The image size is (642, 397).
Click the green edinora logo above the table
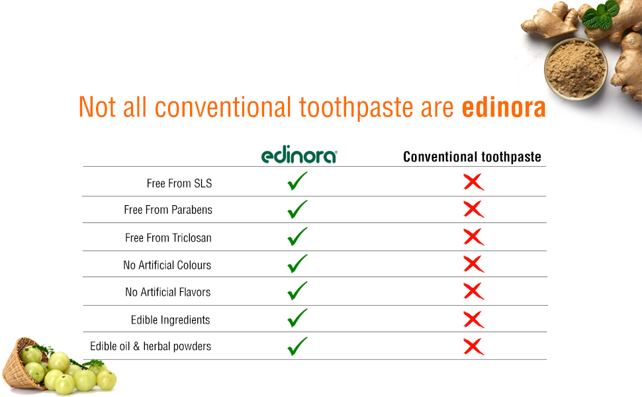pos(299,154)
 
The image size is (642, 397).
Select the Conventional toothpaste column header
pos(472,157)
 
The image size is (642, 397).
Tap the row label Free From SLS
pos(179,183)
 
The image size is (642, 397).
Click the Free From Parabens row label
pos(168,210)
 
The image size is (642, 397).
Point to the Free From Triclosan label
pos(168,238)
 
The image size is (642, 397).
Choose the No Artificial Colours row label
pos(167,265)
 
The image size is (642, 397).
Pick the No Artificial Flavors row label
pos(168,292)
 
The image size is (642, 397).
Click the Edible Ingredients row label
pos(170,320)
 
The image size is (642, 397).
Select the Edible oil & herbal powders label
pos(151,346)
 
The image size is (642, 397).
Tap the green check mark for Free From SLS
pos(297,181)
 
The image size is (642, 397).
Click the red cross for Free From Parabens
pos(474,209)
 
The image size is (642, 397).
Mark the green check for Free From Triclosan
pos(297,237)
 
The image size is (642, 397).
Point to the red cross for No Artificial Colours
pos(474,264)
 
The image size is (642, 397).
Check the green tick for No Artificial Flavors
pos(297,291)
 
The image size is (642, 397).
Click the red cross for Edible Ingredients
pos(474,320)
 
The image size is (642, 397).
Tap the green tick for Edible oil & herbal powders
pos(297,347)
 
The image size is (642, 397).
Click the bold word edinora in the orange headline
pos(504,107)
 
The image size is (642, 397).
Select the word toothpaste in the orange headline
pos(356,108)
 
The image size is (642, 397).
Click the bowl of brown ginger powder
pos(576,69)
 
